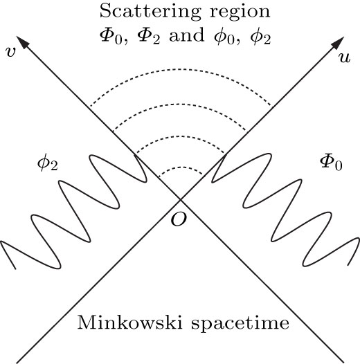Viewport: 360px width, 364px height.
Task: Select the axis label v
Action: [10, 53]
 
